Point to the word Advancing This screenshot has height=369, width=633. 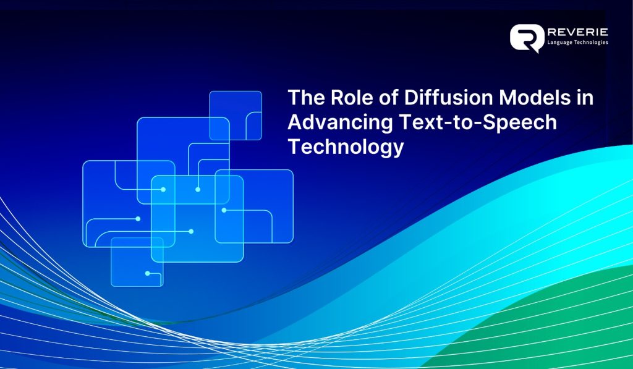pyautogui.click(x=339, y=122)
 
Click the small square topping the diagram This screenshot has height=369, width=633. pyautogui.click(x=236, y=116)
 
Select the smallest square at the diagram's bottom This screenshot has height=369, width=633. pyautogui.click(x=137, y=262)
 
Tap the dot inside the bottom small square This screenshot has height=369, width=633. pyautogui.click(x=147, y=273)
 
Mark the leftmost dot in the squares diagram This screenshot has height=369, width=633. pyautogui.click(x=138, y=219)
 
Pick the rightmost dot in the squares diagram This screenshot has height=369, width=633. pyautogui.click(x=224, y=210)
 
